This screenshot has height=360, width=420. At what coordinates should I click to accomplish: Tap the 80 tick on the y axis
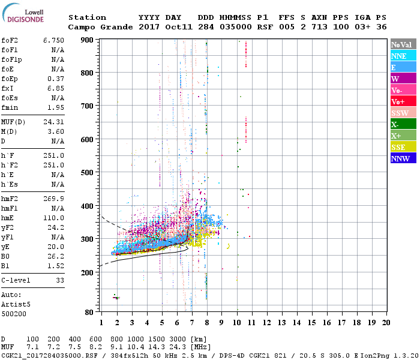coord(90,312)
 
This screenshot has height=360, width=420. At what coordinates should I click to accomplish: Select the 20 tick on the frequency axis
coord(386,322)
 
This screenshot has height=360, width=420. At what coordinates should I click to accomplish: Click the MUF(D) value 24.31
coord(53,122)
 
